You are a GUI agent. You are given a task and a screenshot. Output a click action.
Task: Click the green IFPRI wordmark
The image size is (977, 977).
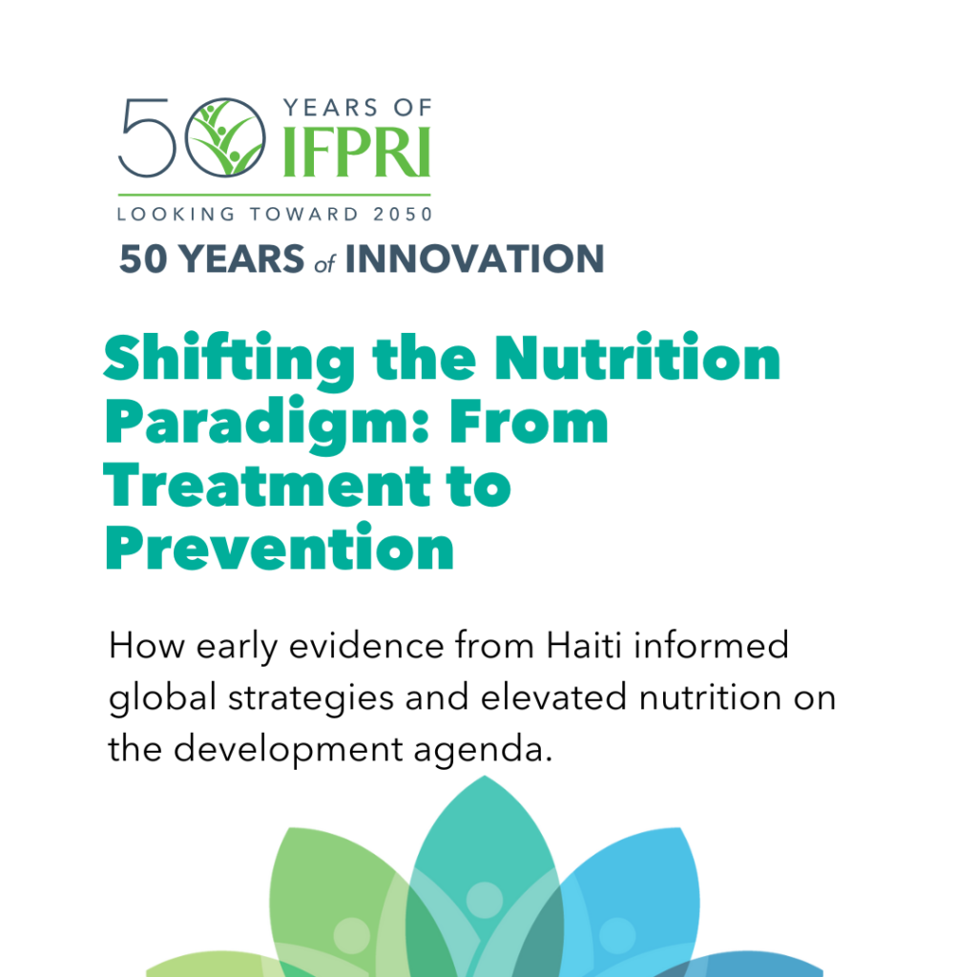[357, 153]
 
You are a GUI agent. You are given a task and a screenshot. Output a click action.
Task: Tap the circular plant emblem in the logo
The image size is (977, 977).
[225, 137]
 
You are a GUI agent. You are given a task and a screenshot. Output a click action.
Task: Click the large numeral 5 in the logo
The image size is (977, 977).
[147, 137]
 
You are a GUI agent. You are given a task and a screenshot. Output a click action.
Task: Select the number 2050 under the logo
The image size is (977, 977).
[403, 215]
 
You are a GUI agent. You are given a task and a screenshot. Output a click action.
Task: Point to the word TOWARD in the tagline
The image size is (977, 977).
[304, 215]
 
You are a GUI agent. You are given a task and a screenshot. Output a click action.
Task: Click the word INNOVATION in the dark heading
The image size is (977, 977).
[475, 259]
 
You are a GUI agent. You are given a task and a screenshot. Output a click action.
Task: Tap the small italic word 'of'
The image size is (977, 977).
[324, 264]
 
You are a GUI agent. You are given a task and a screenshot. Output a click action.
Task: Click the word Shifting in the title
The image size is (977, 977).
[230, 360]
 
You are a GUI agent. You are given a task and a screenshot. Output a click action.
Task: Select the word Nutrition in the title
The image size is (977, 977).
[637, 357]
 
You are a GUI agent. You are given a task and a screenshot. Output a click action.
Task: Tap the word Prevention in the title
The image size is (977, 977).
[280, 547]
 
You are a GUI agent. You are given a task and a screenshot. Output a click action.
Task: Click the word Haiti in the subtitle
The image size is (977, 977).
[584, 645]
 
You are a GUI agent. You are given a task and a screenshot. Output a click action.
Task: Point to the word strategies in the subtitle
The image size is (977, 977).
[311, 697]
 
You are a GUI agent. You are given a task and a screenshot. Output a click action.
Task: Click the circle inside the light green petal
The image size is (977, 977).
[352, 936]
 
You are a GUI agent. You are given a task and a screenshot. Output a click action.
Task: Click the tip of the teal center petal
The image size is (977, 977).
[485, 776]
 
